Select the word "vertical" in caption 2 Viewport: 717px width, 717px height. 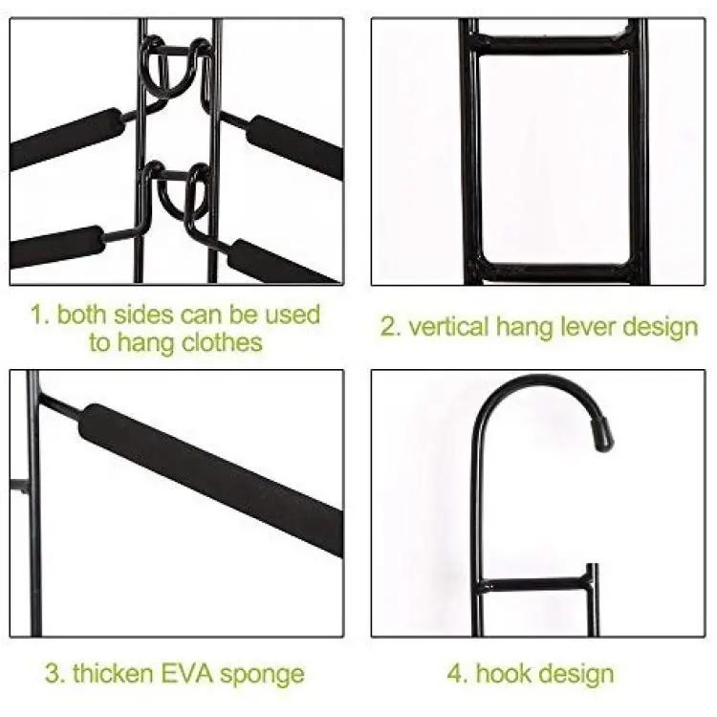coord(448,327)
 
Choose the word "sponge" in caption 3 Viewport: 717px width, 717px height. coord(262,675)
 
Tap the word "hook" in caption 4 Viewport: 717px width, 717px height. coord(501,674)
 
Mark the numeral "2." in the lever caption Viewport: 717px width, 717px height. coord(391,327)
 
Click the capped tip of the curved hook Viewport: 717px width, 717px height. coord(603,436)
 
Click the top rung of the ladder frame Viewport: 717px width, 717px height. coord(553,42)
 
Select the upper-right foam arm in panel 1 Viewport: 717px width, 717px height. coord(295,145)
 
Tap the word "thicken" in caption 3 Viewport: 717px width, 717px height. coord(113,674)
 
